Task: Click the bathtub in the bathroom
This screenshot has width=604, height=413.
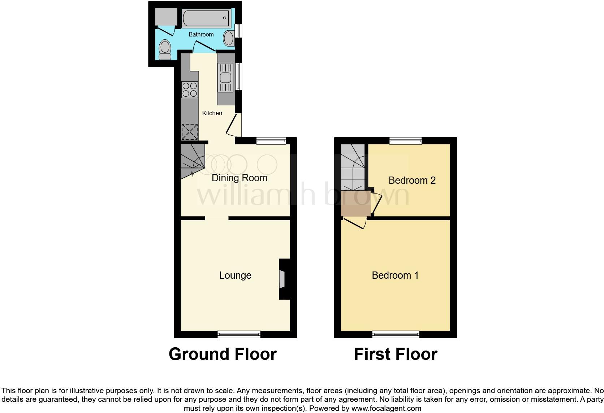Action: (x=206, y=18)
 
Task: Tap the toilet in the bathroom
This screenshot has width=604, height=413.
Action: (x=165, y=49)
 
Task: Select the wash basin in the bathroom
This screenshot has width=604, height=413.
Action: (x=229, y=38)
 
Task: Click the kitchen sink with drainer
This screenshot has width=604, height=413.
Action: (x=226, y=78)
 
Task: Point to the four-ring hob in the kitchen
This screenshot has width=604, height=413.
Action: (x=190, y=90)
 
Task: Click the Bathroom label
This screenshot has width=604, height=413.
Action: (x=201, y=34)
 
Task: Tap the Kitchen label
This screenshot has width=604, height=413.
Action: (x=212, y=113)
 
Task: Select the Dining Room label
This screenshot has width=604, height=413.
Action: (x=239, y=178)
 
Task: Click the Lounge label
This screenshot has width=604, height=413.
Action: (x=235, y=275)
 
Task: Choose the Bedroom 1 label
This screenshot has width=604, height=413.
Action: (x=395, y=275)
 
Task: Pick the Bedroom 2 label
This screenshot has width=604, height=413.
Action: (x=412, y=180)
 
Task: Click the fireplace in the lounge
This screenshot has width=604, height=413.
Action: (x=282, y=279)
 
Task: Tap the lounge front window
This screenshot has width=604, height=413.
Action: (x=239, y=334)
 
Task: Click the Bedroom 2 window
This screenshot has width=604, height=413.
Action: (x=405, y=141)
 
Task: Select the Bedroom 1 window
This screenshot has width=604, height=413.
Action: (x=396, y=334)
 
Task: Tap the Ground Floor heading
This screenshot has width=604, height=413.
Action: (x=223, y=354)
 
